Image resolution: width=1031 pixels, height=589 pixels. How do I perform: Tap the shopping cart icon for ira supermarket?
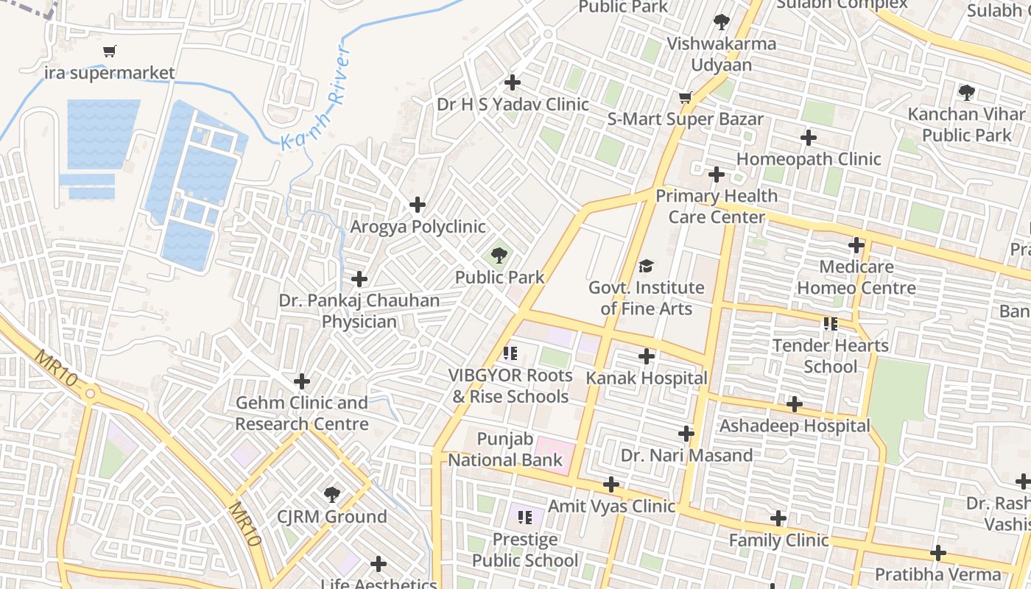point(110,51)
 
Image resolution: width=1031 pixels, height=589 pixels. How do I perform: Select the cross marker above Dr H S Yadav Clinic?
point(513,82)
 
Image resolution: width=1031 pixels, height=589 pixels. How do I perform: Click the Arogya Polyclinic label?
point(418,226)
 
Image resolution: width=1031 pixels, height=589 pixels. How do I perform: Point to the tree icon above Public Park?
point(499,255)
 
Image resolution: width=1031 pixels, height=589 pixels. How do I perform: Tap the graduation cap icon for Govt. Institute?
point(646,266)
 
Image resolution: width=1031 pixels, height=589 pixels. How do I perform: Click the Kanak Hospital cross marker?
point(647,356)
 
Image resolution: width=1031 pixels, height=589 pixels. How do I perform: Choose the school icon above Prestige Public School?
point(524,518)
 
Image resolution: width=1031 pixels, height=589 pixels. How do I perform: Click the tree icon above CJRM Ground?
point(331,494)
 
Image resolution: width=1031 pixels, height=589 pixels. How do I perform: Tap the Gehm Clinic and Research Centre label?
point(302,413)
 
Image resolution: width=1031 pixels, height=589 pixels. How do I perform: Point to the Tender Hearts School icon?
point(831,323)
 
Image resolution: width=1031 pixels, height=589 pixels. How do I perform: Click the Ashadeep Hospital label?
point(795,426)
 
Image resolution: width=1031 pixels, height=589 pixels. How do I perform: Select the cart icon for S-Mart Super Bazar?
point(685,97)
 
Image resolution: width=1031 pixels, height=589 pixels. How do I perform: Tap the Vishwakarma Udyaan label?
point(721,54)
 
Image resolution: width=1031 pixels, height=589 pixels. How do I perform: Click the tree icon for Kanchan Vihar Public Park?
point(966,93)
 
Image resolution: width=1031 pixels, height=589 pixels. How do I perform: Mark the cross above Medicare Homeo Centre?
point(856,245)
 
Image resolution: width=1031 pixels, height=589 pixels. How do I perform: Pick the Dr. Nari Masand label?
point(686,455)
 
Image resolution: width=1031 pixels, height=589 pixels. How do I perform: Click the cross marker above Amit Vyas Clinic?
point(611,484)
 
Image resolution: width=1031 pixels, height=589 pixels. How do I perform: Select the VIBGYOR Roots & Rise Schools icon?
point(510,353)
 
